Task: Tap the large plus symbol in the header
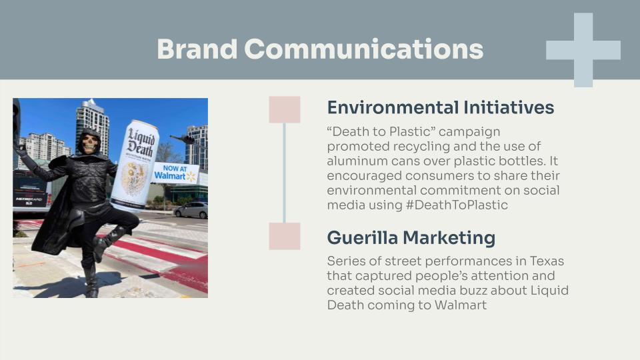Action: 583,50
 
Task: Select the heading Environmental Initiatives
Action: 441,107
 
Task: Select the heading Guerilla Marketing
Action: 411,237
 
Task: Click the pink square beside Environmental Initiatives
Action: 285,109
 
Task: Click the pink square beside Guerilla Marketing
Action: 285,236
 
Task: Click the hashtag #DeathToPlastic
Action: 457,205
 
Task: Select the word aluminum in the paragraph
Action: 353,161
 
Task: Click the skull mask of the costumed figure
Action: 89,143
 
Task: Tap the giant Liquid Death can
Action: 135,165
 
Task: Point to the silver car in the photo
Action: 191,210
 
